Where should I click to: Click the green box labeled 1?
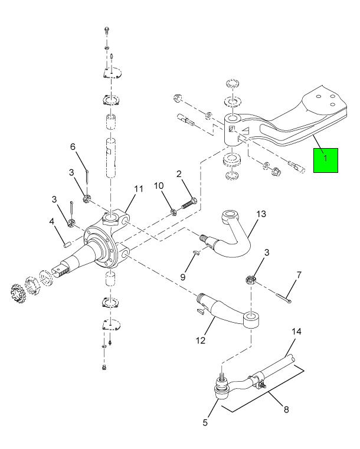(x=325, y=159)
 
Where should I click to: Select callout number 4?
(x=52, y=222)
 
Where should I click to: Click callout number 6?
(x=74, y=146)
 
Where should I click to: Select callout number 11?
(x=139, y=189)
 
